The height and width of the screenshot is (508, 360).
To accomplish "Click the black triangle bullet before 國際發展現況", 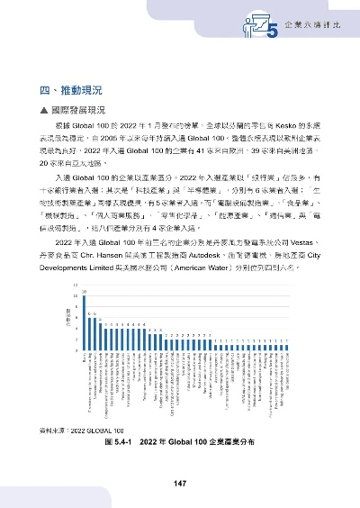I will [44, 109].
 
